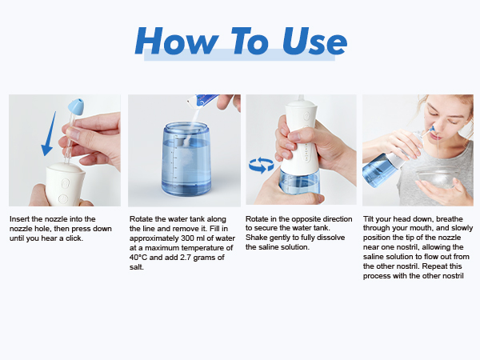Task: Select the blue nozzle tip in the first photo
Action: [x=77, y=106]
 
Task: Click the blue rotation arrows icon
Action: [x=260, y=166]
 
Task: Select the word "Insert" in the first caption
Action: [x=19, y=218]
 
